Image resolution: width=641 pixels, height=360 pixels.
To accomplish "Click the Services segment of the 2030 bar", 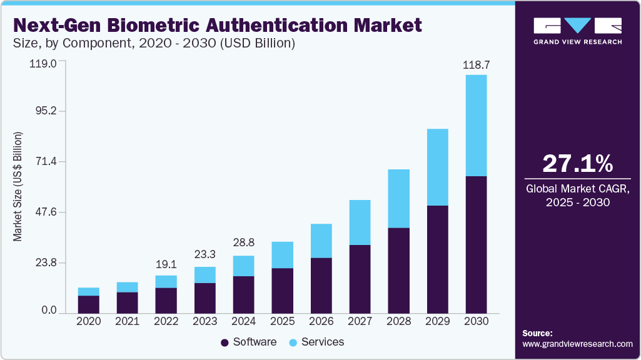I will point(476,125).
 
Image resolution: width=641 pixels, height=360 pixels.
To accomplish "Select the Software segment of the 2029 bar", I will point(437,259).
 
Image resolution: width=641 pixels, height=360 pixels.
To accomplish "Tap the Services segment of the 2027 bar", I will point(360,222).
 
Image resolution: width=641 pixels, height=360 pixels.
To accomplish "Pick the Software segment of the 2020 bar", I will point(88,304).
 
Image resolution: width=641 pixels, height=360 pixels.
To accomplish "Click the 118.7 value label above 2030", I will point(475,65).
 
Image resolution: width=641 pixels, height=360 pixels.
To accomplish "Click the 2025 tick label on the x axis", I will point(282,321).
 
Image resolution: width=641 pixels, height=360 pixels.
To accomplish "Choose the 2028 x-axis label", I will point(398,321).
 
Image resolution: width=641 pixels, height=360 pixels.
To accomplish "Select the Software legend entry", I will point(248,342).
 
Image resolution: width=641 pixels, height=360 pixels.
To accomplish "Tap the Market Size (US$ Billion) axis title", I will point(18,187).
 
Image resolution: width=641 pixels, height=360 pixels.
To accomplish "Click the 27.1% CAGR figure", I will point(577,163).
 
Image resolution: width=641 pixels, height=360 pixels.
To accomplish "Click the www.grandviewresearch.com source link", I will point(577,344).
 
